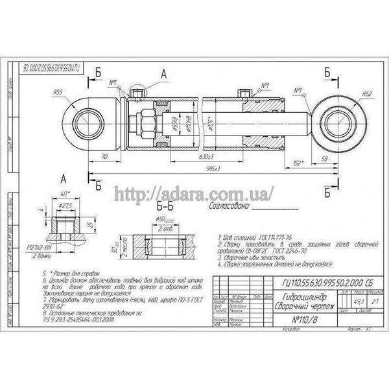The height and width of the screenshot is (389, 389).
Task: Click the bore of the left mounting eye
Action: [x=88, y=120]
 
